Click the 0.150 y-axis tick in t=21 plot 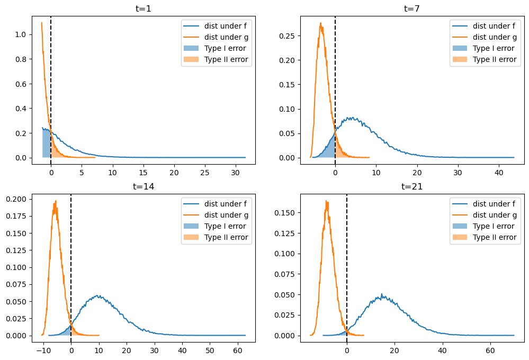[x=286, y=212]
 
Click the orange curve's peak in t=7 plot [x=321, y=23]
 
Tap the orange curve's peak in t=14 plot [x=56, y=201]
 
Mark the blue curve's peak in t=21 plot [x=381, y=294]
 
